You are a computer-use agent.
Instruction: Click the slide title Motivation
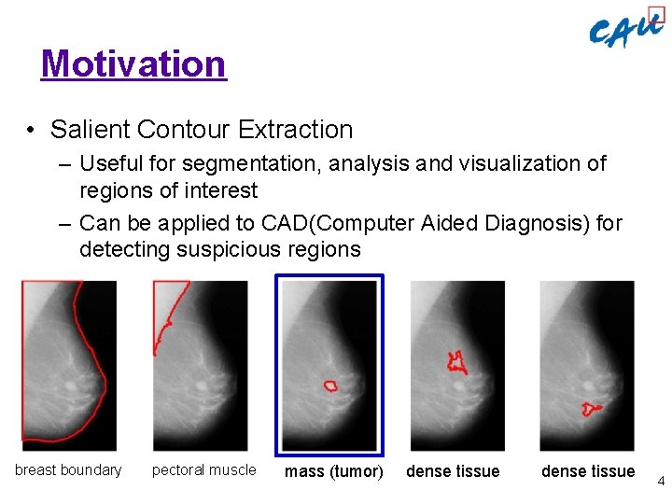tap(133, 63)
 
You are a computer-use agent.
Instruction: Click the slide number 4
tap(660, 482)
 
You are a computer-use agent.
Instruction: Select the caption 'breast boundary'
tap(68, 470)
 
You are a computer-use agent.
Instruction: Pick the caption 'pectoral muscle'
tap(203, 470)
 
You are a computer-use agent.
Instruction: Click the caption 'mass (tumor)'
tap(333, 471)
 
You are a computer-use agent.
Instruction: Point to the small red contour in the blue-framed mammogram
tap(330, 385)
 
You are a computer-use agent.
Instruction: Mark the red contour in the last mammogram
tap(589, 408)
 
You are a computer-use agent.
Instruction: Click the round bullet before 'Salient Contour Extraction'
tap(32, 131)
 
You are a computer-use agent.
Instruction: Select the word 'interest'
tap(221, 190)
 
